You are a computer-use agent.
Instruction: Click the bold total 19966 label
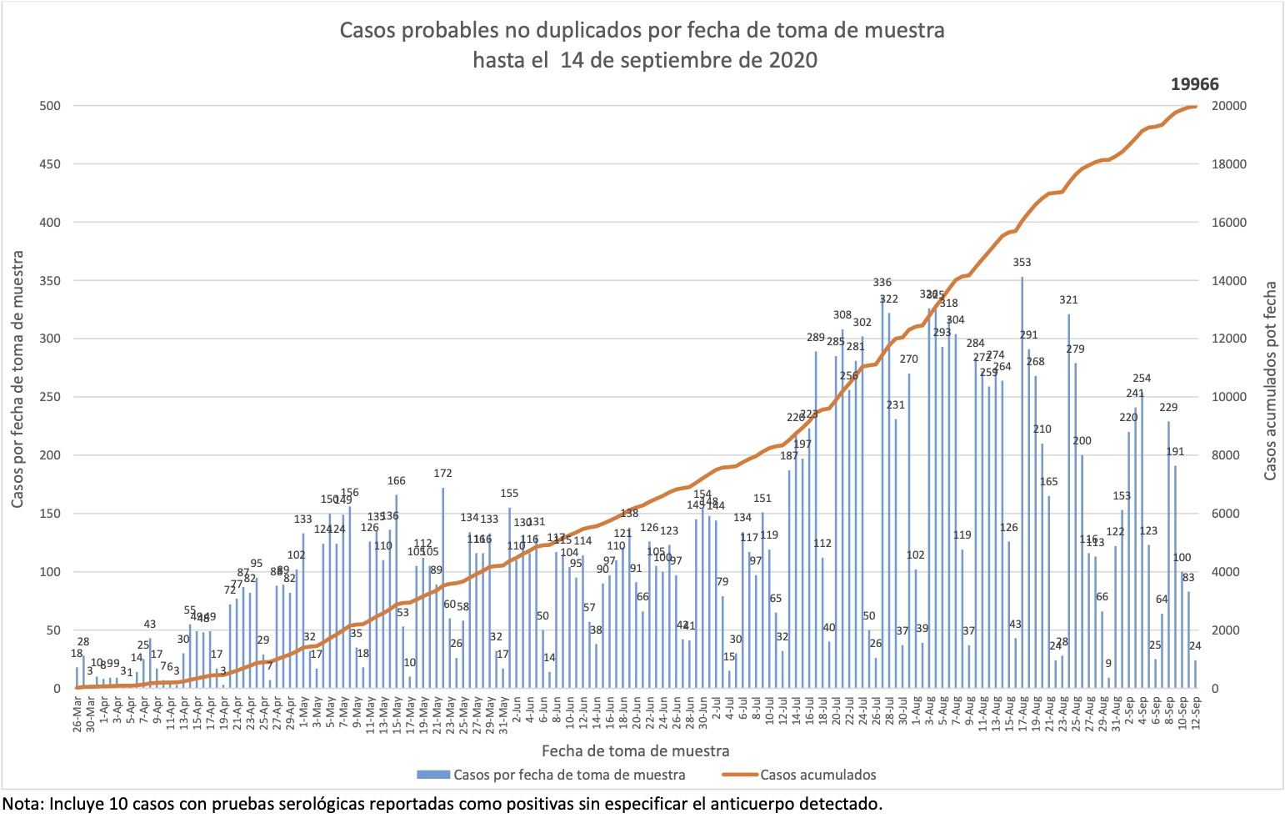coord(1194,84)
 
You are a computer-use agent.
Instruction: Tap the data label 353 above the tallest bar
coord(1022,263)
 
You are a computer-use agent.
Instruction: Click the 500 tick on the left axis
coord(51,106)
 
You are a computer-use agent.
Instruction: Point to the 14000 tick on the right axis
coord(1229,281)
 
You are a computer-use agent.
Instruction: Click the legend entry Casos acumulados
coord(817,775)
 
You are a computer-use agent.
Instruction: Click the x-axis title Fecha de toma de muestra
coord(635,750)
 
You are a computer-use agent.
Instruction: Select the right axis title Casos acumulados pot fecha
coord(1270,380)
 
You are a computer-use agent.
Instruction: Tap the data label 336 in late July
coord(882,284)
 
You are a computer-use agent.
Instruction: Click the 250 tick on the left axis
coord(51,398)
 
